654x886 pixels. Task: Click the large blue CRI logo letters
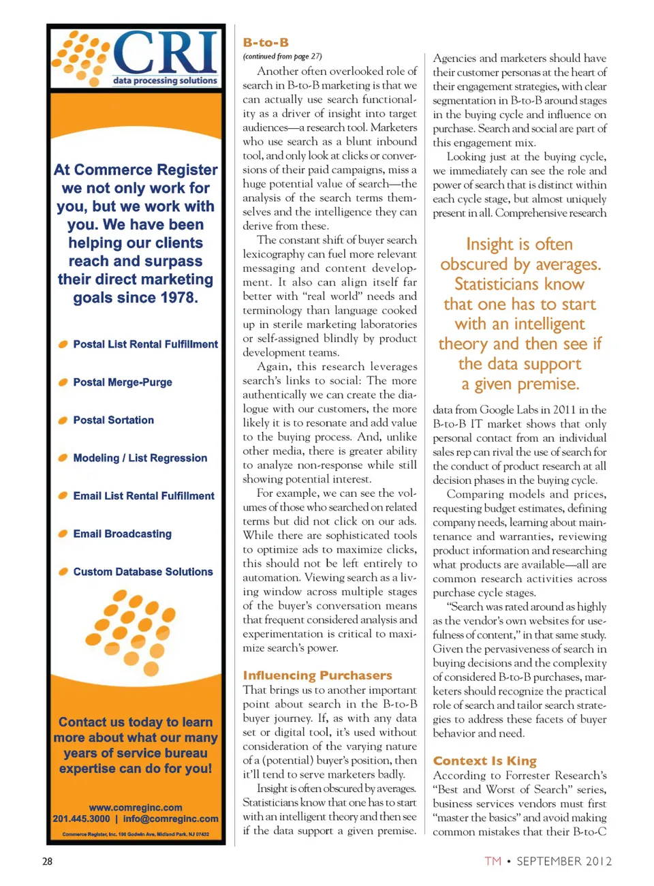166,53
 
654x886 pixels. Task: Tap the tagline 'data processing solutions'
165,80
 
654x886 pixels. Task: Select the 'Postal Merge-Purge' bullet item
123,382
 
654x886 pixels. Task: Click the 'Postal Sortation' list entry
113,421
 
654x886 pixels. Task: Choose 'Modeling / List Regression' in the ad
140,458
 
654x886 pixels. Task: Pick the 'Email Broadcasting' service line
122,534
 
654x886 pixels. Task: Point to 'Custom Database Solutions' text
143,572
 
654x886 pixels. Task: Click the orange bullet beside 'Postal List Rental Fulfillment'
63,344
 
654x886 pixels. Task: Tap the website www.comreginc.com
136,808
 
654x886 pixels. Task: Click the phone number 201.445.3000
81,819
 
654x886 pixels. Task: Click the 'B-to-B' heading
266,42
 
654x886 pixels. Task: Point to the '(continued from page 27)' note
282,57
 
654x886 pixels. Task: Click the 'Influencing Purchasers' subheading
317,675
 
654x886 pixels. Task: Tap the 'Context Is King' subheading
484,761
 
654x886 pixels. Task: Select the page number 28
47,861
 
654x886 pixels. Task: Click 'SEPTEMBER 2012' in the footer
564,861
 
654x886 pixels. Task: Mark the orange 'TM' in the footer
493,861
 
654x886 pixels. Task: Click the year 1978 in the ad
176,298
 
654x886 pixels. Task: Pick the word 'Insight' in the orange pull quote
489,244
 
